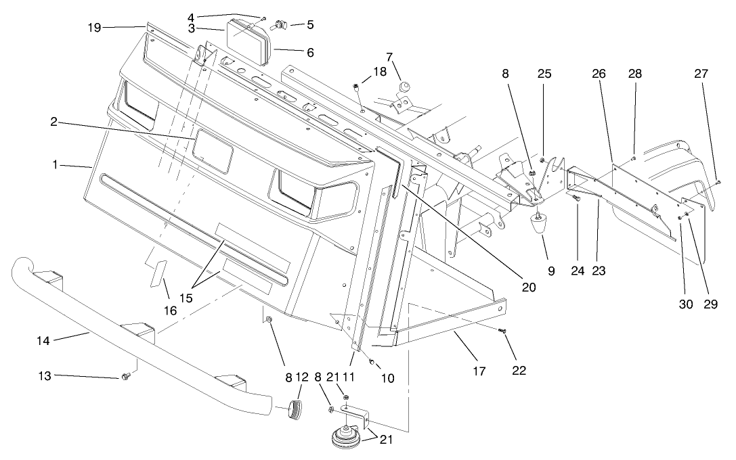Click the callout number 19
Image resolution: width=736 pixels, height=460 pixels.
pos(94,27)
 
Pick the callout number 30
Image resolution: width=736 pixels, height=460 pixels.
pos(686,304)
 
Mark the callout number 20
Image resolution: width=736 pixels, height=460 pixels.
pos(529,287)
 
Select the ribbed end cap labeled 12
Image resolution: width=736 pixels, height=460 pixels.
pos(296,409)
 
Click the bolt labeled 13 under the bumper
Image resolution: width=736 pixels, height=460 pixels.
pos(125,376)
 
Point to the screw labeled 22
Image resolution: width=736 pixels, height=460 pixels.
pos(502,331)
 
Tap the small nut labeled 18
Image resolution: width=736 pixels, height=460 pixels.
pos(354,86)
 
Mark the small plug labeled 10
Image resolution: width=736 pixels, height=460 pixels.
pos(372,361)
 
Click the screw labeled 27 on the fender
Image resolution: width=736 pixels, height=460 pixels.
pos(717,181)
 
